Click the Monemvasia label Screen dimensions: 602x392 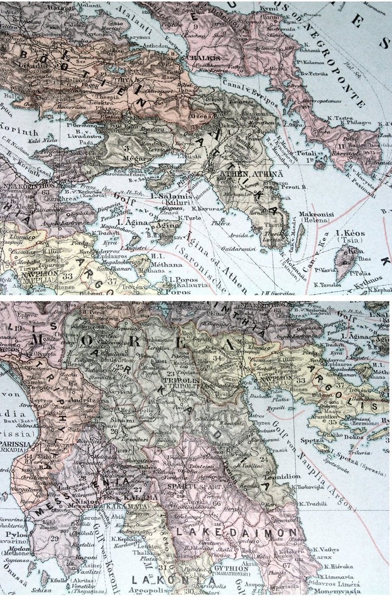350,591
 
